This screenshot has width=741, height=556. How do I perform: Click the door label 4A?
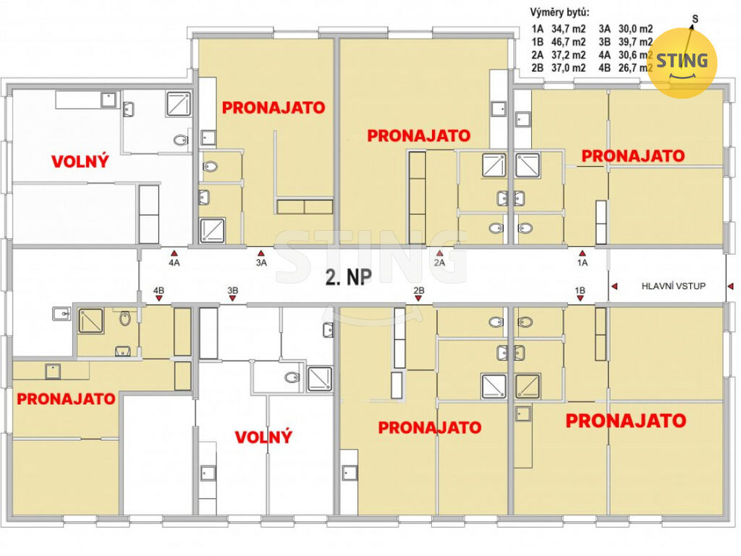(x=174, y=263)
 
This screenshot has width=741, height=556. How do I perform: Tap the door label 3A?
(x=261, y=263)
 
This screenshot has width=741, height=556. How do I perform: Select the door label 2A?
(x=439, y=263)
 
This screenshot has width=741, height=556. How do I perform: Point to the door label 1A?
(x=583, y=263)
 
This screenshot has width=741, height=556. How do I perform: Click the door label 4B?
(x=158, y=290)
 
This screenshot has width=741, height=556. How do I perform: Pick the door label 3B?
(x=232, y=290)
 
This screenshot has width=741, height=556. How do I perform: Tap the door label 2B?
(x=419, y=290)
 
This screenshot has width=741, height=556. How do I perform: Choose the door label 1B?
(x=580, y=290)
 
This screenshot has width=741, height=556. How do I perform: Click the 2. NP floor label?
(x=348, y=277)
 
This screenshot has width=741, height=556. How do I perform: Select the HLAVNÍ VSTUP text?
(x=674, y=286)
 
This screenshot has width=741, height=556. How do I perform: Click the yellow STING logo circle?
(x=682, y=63)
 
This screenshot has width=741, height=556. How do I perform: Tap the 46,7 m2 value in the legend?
(x=569, y=42)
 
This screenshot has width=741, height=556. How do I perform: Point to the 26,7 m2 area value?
(x=635, y=68)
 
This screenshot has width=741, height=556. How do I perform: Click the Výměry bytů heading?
(x=559, y=13)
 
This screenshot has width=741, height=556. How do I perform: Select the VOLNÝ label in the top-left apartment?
(x=80, y=161)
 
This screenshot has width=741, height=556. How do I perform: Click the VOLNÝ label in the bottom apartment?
(x=263, y=437)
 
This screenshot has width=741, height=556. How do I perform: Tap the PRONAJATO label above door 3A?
(x=274, y=108)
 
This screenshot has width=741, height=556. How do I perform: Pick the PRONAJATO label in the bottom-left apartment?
(x=66, y=399)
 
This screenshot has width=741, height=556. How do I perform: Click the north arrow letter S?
(x=695, y=20)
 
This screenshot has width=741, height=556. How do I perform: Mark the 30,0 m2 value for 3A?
(x=635, y=29)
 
